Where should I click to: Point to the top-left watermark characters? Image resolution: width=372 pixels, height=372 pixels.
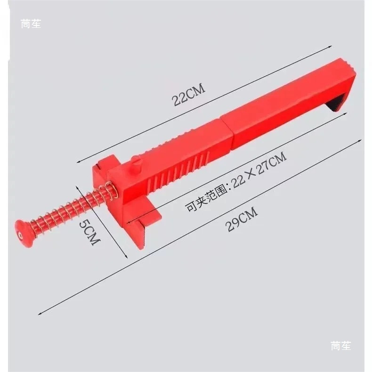point(31,24)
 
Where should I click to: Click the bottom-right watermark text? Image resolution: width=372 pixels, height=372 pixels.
point(340,346)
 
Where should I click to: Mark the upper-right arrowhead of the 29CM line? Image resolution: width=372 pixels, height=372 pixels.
point(363,139)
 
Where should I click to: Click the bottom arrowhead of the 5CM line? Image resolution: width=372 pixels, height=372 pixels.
point(127,257)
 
